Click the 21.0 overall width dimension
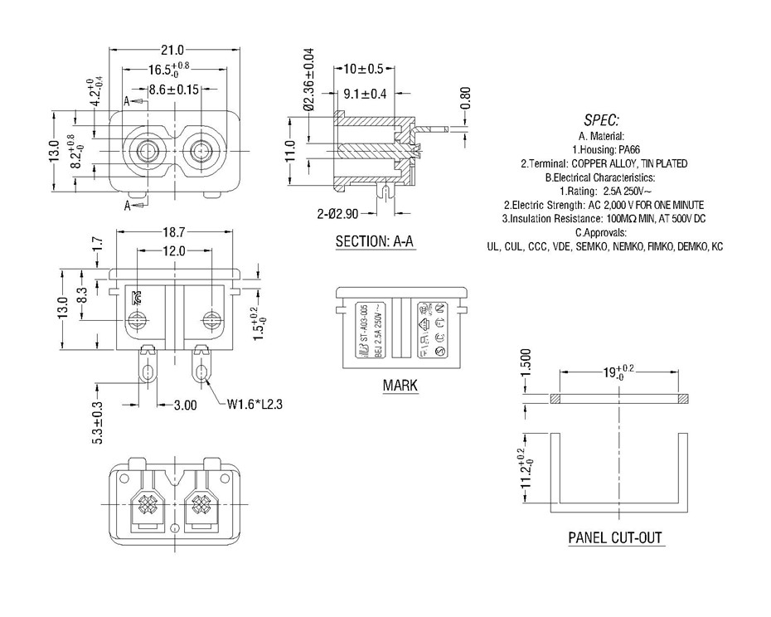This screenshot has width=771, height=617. tap(171, 50)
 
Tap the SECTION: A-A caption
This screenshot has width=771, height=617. tap(375, 242)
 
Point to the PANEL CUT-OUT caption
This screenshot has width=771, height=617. tap(615, 537)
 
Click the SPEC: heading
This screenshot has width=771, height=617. tap(602, 119)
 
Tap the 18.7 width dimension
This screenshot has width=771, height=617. tap(173, 236)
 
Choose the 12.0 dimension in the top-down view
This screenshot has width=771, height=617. tap(173, 251)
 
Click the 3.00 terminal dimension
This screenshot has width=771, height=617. tap(184, 406)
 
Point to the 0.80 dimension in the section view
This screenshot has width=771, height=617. tap(466, 98)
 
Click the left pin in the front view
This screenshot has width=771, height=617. tap(148, 152)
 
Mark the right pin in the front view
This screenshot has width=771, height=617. tap(200, 152)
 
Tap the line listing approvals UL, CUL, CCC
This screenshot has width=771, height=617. tap(604, 247)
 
